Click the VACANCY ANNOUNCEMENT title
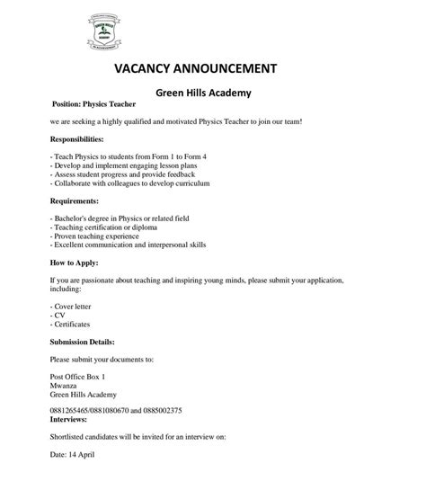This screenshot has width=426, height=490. coord(196,68)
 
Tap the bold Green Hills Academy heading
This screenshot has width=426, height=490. coord(203,92)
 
